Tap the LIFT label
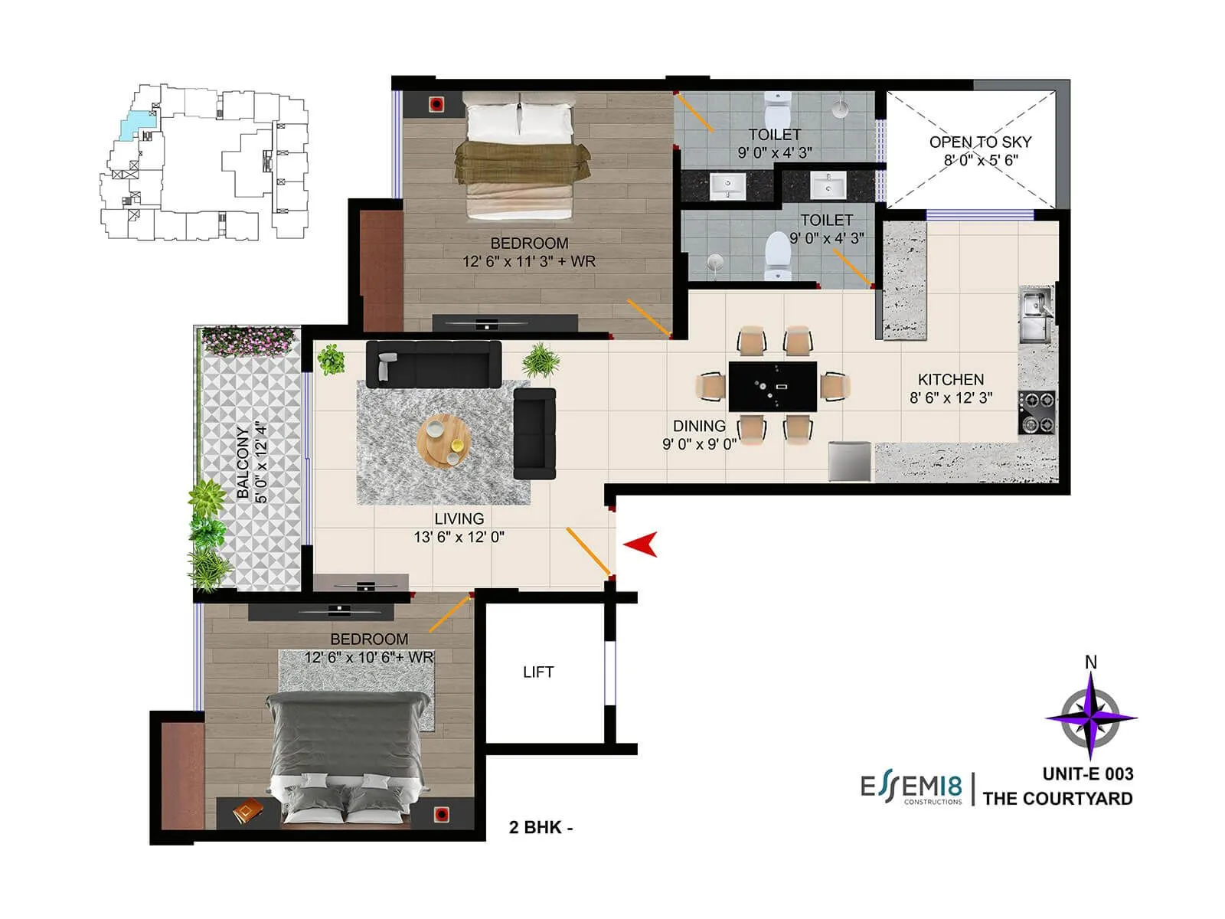(x=537, y=672)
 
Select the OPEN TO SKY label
(x=980, y=142)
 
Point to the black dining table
(x=772, y=386)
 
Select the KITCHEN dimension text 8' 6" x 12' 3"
(x=951, y=397)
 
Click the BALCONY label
(x=243, y=463)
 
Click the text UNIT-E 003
(x=1087, y=773)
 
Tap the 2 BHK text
(x=541, y=827)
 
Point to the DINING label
(x=699, y=426)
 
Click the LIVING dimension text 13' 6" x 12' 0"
(x=459, y=537)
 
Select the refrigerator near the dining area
(x=851, y=461)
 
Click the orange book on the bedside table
(x=247, y=810)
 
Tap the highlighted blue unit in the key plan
(x=135, y=123)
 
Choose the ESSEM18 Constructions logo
(x=911, y=789)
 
